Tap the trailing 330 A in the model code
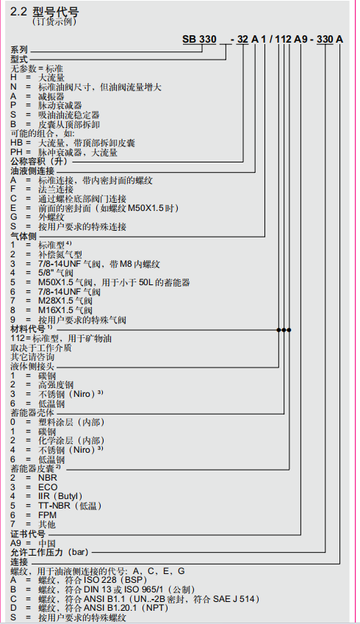click(329, 39)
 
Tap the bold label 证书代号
click(28, 532)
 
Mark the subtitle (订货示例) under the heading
click(56, 22)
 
